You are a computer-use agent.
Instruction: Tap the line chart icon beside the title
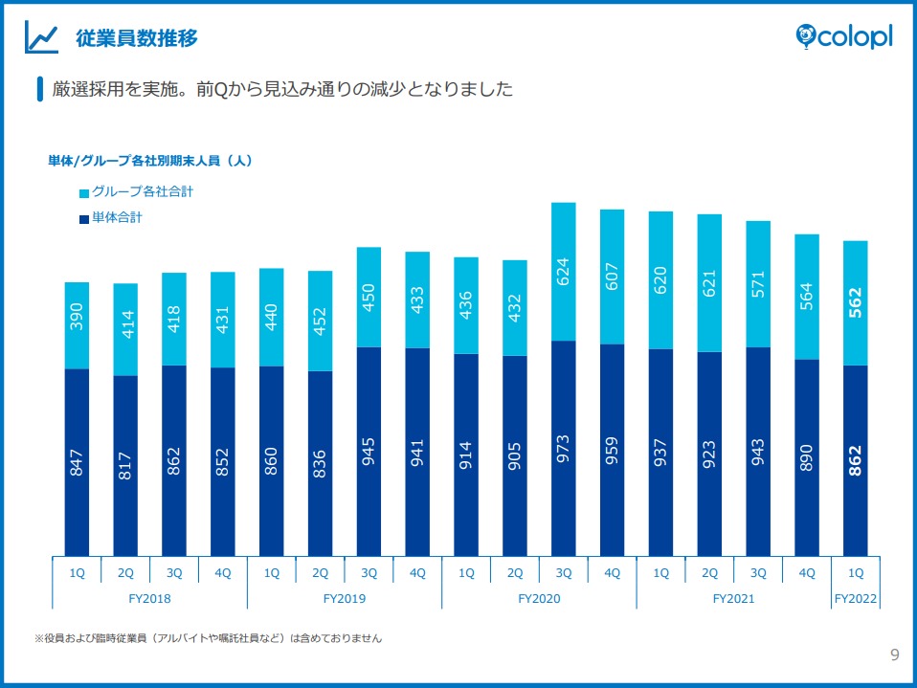coord(43,38)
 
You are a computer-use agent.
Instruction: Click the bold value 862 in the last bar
coord(856,459)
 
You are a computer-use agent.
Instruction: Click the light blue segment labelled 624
coord(564,272)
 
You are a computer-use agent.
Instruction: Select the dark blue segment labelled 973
coord(564,449)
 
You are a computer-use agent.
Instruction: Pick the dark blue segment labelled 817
coord(125,466)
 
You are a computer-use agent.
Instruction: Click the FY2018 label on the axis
coord(149,600)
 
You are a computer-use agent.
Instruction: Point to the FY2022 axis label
coord(856,600)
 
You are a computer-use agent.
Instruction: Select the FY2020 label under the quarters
coord(539,600)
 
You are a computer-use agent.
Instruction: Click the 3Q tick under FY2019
coord(369,573)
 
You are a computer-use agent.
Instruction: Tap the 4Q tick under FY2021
coord(807,573)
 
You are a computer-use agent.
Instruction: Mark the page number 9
coord(894,655)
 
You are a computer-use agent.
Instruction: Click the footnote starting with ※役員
coord(208,637)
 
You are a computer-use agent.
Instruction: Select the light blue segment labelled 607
coord(613,277)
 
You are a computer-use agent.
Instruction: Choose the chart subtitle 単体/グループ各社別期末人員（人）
coord(150,161)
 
